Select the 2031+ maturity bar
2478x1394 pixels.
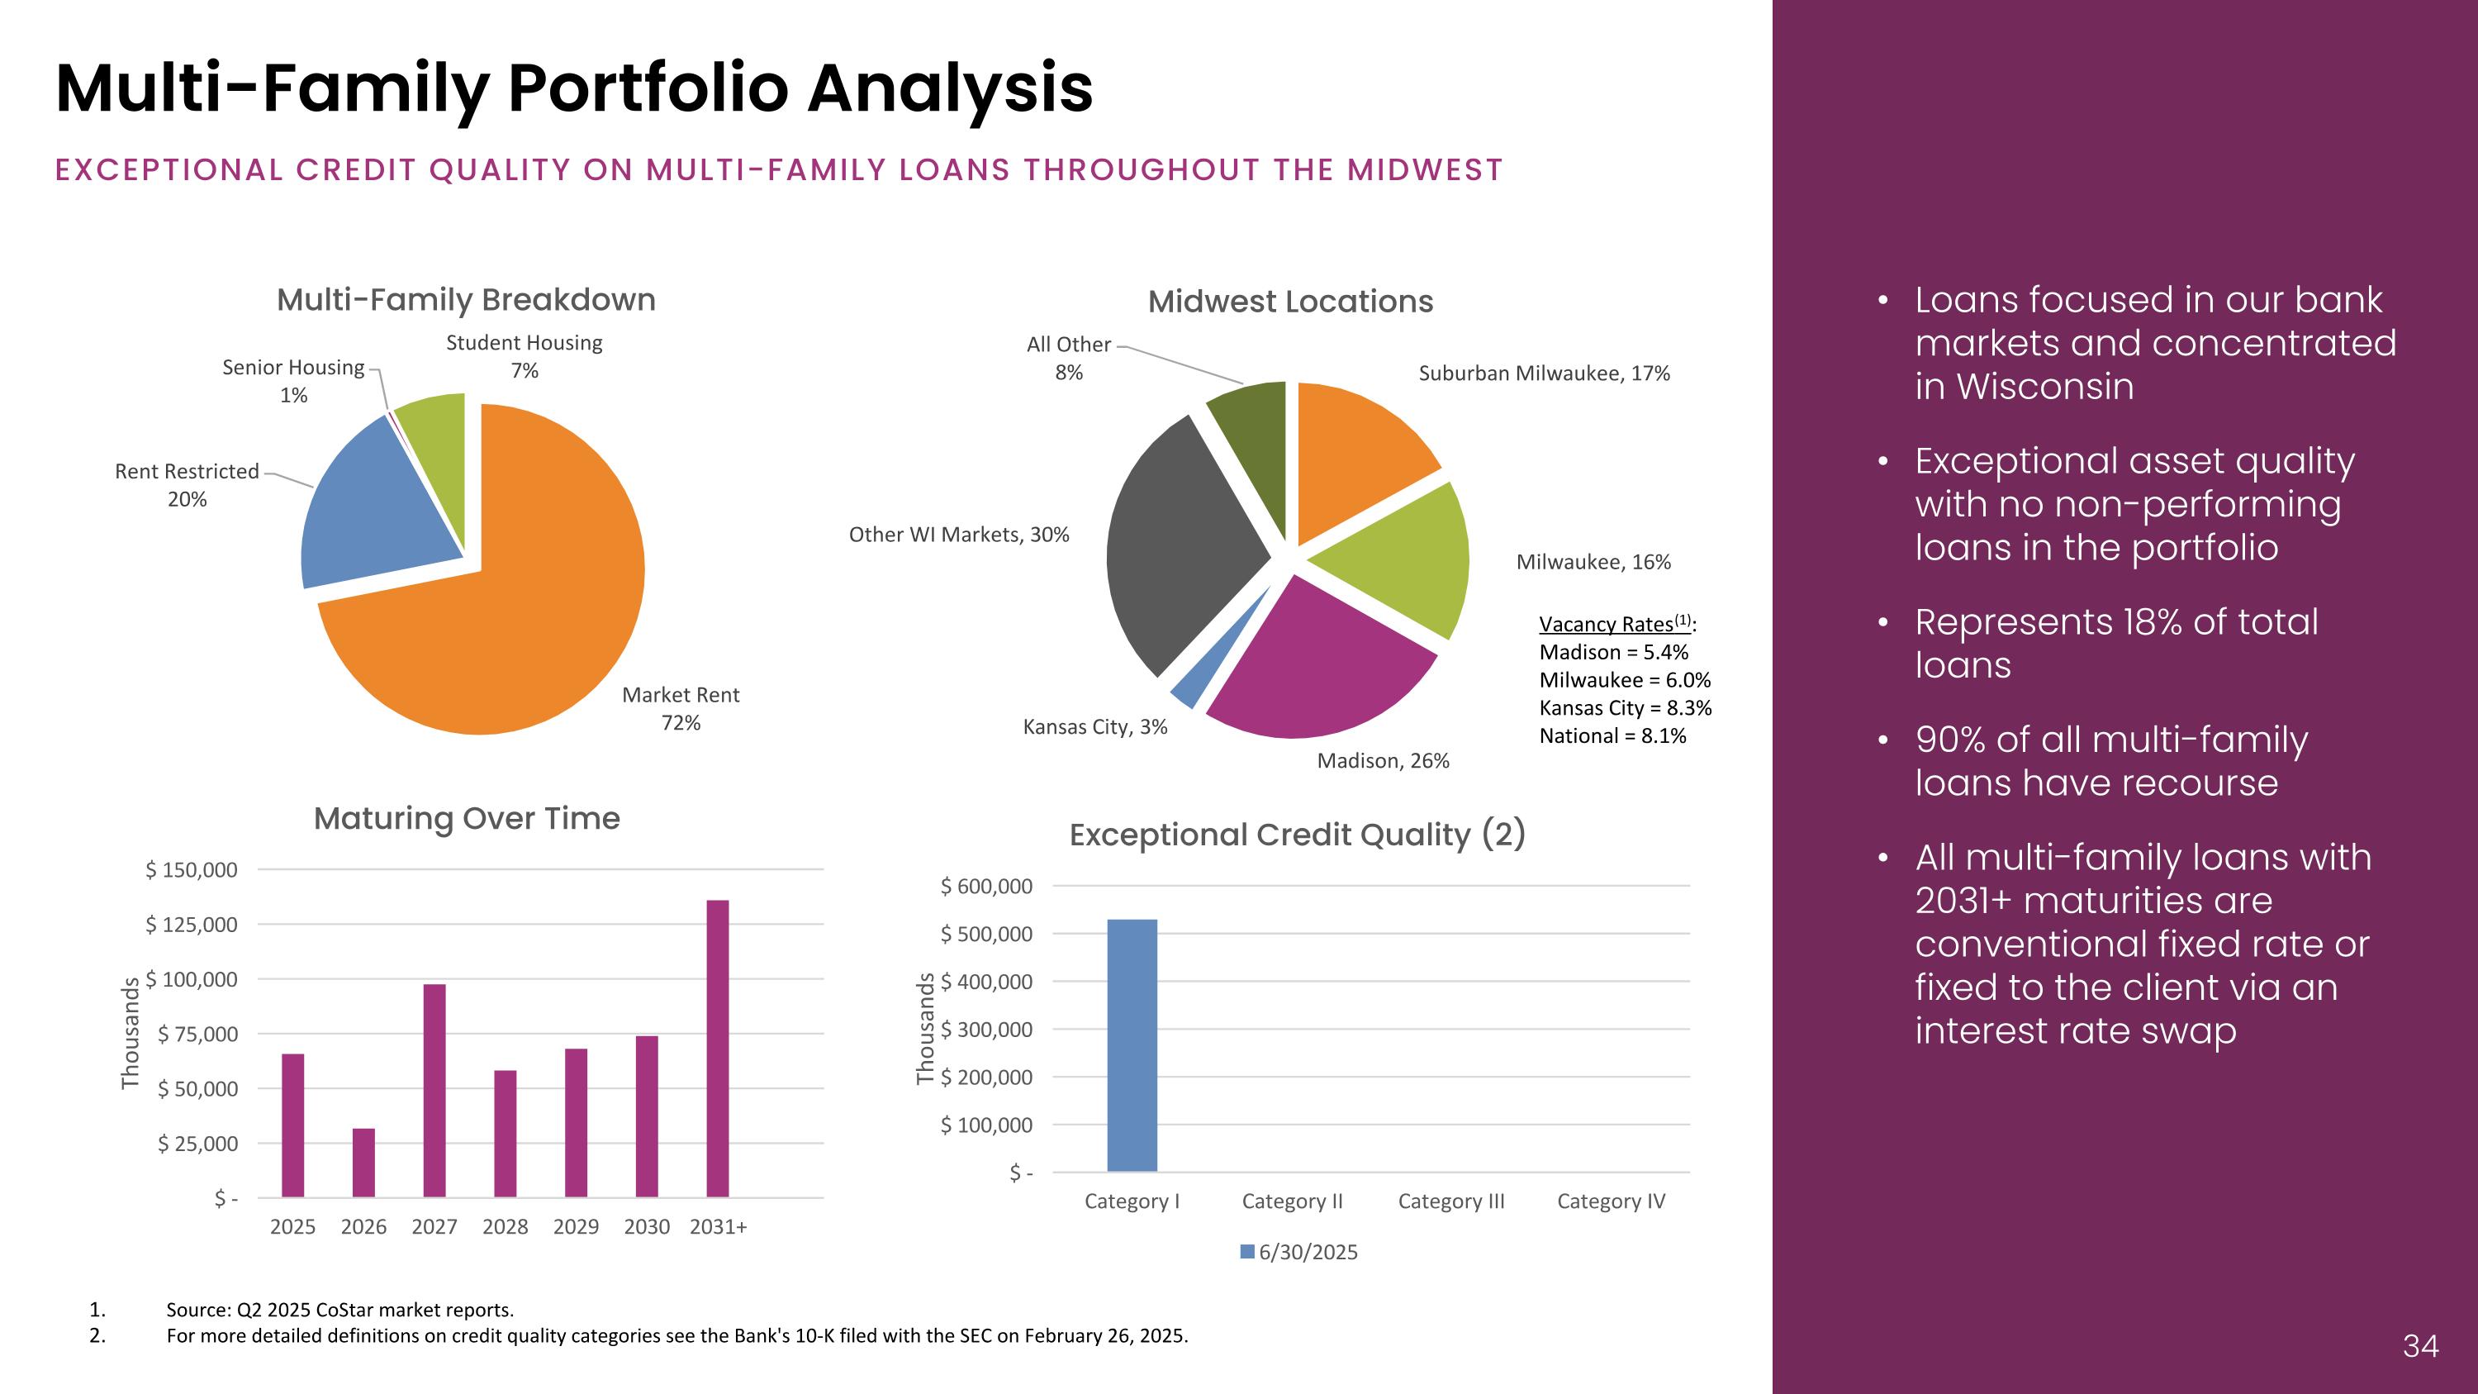pos(718,1048)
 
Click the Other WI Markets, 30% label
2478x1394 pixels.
pos(958,535)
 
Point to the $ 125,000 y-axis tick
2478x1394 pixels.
pos(192,925)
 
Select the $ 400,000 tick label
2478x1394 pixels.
pos(986,982)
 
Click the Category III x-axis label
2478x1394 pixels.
pos(1450,1201)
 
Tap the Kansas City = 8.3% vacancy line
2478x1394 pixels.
pos(1625,708)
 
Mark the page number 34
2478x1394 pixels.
pos(2420,1345)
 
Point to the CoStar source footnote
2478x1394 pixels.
pos(339,1310)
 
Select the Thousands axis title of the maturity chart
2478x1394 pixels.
pos(130,1033)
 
